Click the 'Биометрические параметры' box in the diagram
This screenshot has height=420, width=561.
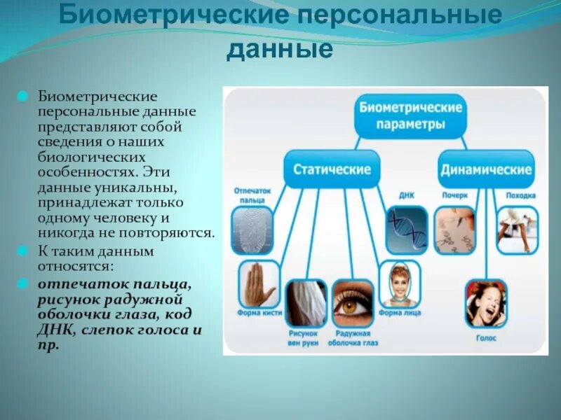click(410, 115)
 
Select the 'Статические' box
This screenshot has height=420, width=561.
click(332, 169)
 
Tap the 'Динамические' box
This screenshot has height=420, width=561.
click(486, 169)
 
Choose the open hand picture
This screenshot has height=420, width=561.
click(259, 286)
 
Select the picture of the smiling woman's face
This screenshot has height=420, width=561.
click(400, 284)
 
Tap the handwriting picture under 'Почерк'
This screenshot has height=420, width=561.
click(454, 230)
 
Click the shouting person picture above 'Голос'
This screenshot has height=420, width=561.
click(486, 303)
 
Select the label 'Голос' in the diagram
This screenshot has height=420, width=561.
click(487, 337)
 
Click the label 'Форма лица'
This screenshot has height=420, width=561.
click(400, 313)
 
